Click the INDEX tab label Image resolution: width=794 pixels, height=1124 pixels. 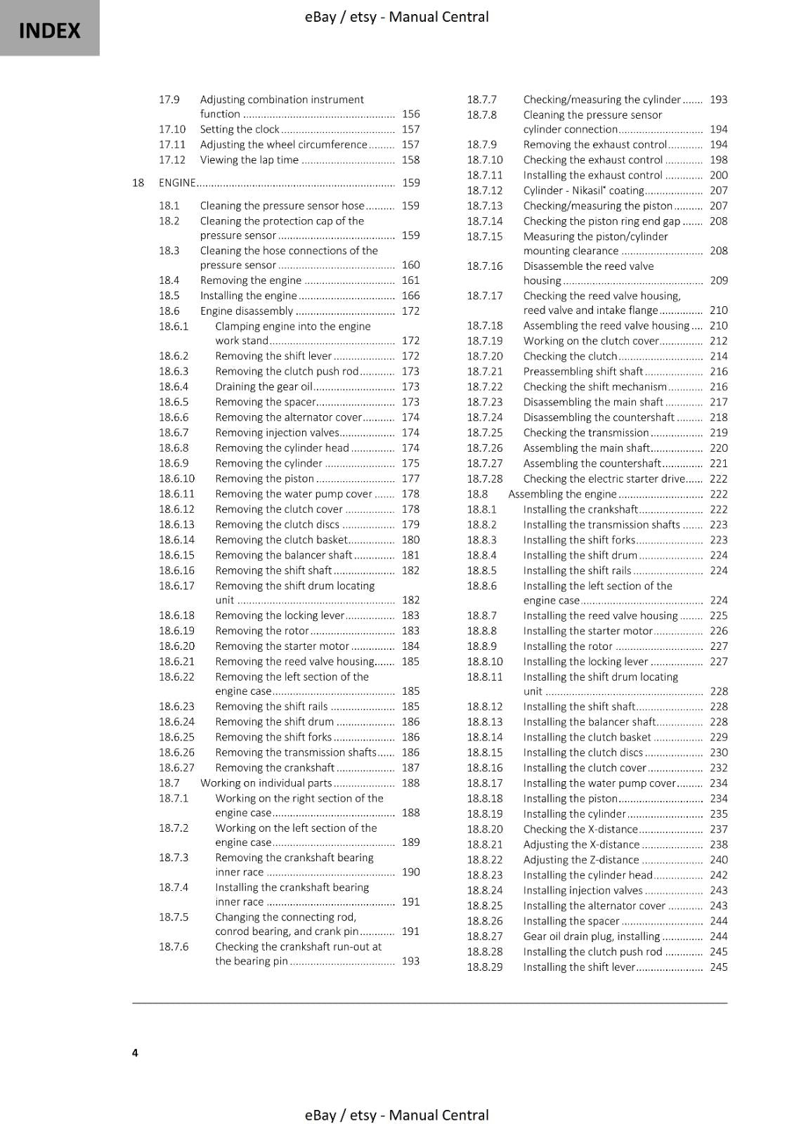tap(49, 31)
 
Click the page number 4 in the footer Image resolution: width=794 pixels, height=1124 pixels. tap(135, 1052)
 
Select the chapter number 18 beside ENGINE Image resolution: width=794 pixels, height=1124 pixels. tap(138, 183)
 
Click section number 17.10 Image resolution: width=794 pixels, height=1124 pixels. tap(172, 129)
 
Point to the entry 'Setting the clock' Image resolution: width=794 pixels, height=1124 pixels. tap(240, 129)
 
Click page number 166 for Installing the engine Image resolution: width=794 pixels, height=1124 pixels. tap(410, 296)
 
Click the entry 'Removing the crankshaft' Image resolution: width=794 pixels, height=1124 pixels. tap(275, 768)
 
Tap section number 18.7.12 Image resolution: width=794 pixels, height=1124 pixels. tap(485, 190)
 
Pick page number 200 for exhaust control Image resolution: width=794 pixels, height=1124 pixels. tap(719, 175)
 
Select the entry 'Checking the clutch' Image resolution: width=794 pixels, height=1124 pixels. tap(570, 356)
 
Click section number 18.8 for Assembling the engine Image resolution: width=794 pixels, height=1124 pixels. tap(477, 494)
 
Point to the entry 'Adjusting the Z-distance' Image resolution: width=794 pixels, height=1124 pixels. tap(581, 860)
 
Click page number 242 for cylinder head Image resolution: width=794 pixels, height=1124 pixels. tap(719, 875)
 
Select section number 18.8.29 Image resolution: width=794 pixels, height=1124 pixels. tap(485, 967)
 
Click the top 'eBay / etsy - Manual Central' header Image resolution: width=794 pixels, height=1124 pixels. tap(397, 17)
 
